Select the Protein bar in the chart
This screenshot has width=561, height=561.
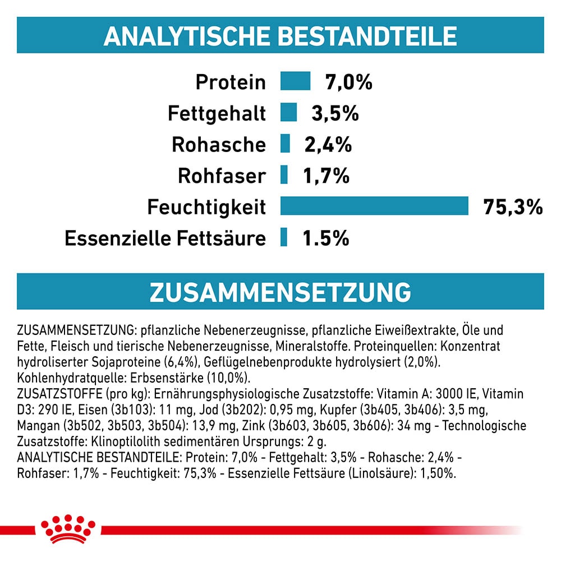pyautogui.click(x=295, y=81)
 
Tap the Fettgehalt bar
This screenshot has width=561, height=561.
pyautogui.click(x=288, y=112)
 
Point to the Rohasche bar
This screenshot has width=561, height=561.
pyautogui.click(x=285, y=143)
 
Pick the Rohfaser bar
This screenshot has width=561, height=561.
pyautogui.click(x=284, y=174)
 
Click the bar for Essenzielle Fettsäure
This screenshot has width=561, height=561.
pyautogui.click(x=284, y=237)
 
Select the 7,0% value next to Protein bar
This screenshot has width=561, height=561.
pyautogui.click(x=349, y=82)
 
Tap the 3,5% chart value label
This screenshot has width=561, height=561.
pyautogui.click(x=335, y=114)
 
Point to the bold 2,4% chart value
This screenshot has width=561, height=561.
pyautogui.click(x=328, y=145)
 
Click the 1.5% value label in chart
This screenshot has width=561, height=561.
pyautogui.click(x=325, y=238)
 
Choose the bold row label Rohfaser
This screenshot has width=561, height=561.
pyautogui.click(x=222, y=176)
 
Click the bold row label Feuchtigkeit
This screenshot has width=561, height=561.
pyautogui.click(x=206, y=208)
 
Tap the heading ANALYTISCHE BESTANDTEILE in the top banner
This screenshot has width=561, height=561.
pyautogui.click(x=280, y=35)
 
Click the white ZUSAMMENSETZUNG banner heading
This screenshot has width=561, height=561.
pyautogui.click(x=280, y=292)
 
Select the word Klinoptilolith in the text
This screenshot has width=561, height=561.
pyautogui.click(x=116, y=441)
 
